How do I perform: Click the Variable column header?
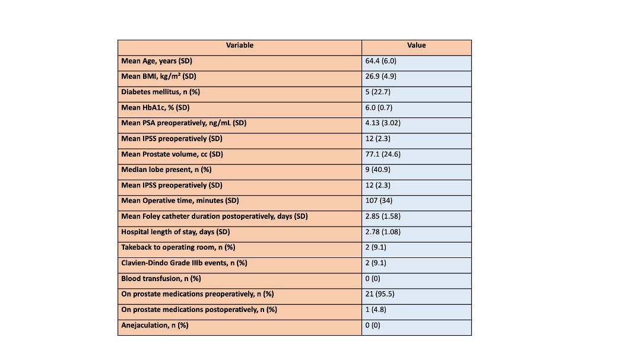click(x=240, y=45)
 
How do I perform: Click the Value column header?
click(x=416, y=45)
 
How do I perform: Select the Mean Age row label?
click(x=157, y=61)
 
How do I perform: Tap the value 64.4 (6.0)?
click(x=380, y=61)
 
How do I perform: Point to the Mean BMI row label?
click(x=158, y=77)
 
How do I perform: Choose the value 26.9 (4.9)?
click(x=380, y=77)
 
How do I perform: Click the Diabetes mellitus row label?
click(x=160, y=92)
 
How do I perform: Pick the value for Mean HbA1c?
click(x=379, y=107)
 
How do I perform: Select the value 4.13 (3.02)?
click(x=383, y=123)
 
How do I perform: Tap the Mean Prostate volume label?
click(x=172, y=154)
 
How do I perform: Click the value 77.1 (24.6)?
click(x=383, y=154)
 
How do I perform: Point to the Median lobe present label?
click(x=166, y=170)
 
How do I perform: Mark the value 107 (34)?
click(x=379, y=200)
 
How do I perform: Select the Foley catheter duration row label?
click(x=214, y=216)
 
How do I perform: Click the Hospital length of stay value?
click(x=383, y=232)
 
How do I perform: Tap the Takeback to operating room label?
click(x=178, y=247)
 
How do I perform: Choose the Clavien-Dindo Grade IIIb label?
click(x=184, y=263)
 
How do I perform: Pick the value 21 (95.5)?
click(x=380, y=294)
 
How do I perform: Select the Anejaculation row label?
click(x=154, y=325)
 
